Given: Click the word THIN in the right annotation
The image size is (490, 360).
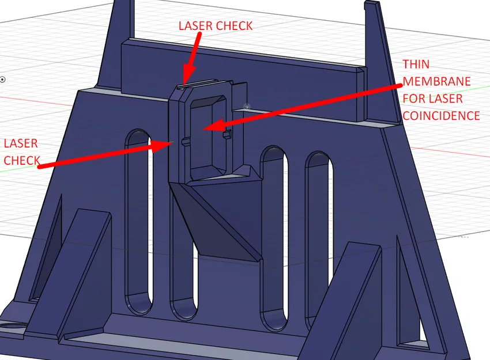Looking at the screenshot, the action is (416, 65).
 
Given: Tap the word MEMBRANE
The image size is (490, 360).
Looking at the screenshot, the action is (436, 81).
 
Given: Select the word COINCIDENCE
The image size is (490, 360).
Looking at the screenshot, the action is (441, 116).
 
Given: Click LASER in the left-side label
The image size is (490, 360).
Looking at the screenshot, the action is (21, 143).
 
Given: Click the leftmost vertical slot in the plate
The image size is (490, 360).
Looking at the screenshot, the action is (138, 222).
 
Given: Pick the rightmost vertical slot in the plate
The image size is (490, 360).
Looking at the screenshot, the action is (319, 240).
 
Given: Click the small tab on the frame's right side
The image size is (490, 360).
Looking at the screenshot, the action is (228, 134).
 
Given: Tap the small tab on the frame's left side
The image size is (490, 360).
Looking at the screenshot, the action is (186, 142).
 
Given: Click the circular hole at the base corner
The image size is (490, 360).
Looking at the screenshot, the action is (13, 328).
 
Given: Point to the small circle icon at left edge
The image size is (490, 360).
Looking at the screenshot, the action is (2, 79).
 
